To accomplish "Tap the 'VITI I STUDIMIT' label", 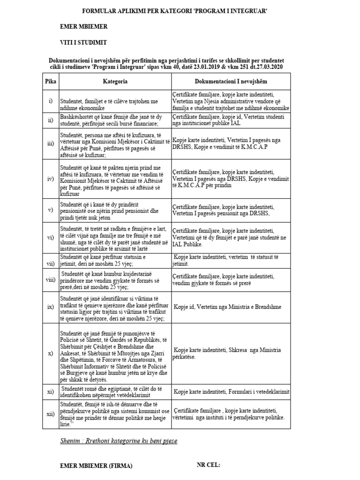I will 83,43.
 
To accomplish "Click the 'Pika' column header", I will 50,81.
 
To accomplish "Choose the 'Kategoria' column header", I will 115,81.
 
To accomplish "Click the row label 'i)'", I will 50,101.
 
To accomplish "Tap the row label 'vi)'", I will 50,237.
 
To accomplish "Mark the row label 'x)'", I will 50,353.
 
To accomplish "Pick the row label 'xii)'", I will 50,414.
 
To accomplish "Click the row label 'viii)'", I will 50,280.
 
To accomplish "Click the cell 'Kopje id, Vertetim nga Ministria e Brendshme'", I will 228,307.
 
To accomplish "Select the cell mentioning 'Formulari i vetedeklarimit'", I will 232,392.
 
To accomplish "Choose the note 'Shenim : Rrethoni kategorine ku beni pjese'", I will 119,441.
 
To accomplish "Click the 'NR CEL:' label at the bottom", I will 208,465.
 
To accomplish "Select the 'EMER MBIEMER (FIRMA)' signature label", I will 96,466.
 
